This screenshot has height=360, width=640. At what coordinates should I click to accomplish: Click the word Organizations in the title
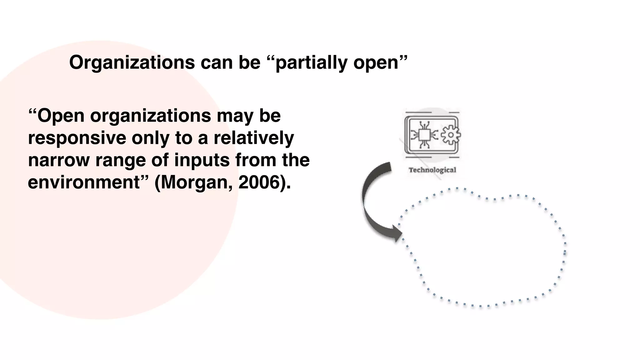click(132, 62)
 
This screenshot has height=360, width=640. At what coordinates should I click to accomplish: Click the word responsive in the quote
click(77, 138)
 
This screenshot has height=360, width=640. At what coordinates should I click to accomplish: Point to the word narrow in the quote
click(59, 160)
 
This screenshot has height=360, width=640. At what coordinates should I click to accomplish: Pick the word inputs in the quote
click(202, 160)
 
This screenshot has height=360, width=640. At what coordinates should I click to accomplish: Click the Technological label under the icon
click(432, 170)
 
